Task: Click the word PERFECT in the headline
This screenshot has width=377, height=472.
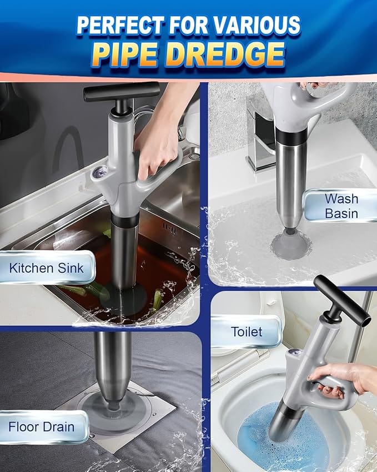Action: click(x=120, y=25)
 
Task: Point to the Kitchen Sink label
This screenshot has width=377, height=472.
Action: click(x=46, y=268)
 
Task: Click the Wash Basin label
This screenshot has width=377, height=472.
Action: click(x=341, y=206)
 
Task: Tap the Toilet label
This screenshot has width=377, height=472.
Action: click(x=247, y=332)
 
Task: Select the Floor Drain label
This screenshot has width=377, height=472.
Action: click(x=42, y=427)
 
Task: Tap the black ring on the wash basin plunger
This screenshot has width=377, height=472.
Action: click(x=291, y=137)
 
